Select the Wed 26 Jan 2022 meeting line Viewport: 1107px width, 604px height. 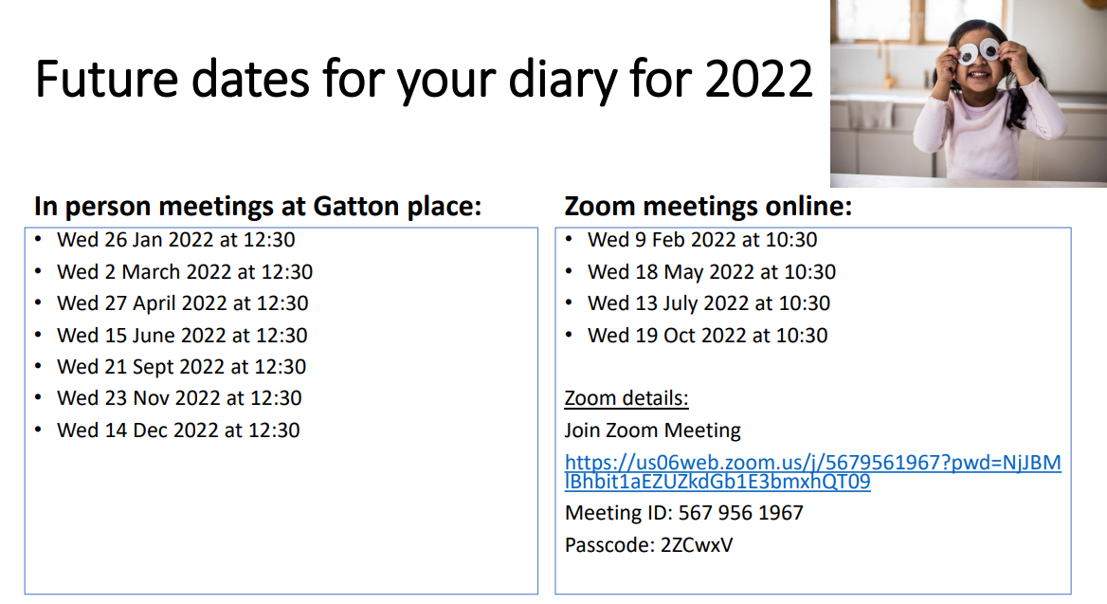pos(175,240)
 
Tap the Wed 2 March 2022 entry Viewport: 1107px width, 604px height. pos(185,272)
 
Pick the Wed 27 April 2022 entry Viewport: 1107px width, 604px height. pos(183,303)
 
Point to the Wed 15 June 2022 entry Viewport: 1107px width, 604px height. pos(182,336)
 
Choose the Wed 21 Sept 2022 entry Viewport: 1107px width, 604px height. pos(181,367)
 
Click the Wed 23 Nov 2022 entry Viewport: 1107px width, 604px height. pos(179,398)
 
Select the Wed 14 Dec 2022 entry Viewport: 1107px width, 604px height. pos(178,430)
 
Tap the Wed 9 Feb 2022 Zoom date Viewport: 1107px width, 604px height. pos(702,240)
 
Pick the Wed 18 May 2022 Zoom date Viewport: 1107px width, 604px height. pos(712,272)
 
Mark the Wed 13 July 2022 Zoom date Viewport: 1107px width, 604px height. pos(709,303)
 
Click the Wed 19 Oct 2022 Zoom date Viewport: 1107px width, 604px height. pos(707,336)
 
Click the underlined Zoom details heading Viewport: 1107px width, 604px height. pos(626,398)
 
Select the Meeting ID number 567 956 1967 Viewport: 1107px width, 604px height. pos(740,513)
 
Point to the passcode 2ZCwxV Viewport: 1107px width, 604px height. pos(697,545)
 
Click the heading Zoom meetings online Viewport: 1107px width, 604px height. pos(708,207)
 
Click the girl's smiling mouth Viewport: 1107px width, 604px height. pos(978,73)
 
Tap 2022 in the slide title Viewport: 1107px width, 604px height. pos(759,79)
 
